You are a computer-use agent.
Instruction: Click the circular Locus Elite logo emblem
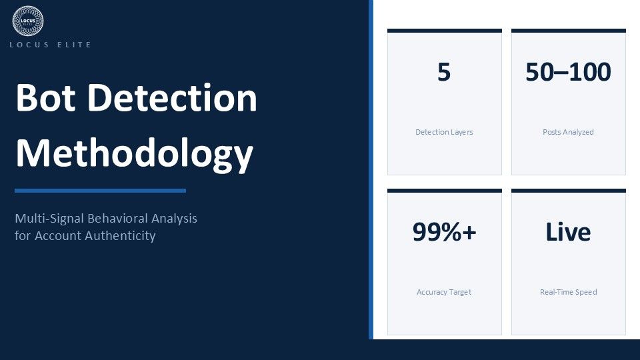pos(28,21)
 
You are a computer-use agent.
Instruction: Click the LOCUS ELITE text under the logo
pos(51,45)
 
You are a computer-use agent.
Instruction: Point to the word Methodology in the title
pos(135,154)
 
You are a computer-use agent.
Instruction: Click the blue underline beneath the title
pos(101,191)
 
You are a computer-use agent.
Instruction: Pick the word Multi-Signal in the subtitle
pos(50,219)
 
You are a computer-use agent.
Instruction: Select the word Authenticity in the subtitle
pos(121,236)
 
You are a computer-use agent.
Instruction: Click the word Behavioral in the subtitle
pos(118,219)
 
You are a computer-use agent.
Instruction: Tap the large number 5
pos(444,72)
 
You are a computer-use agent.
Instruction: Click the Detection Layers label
pos(444,132)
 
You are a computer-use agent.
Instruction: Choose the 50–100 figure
pos(568,72)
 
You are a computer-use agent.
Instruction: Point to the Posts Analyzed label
pos(568,132)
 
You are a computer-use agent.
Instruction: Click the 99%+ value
pos(444,232)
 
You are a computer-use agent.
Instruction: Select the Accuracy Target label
pos(444,292)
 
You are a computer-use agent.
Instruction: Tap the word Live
pos(568,232)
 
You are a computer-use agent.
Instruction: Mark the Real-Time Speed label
pos(568,292)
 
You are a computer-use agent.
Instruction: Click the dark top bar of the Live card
pos(568,191)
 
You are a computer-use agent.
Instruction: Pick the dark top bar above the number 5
pos(444,31)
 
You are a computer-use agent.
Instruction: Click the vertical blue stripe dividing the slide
pos(371,169)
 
